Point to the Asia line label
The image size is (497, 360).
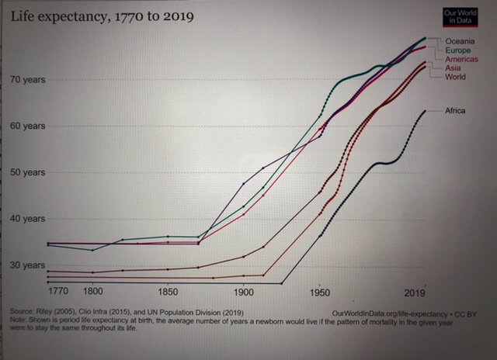tap(453, 68)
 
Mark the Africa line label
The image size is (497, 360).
tap(454, 111)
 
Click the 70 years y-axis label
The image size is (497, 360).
tap(29, 80)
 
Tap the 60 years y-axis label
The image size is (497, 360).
tap(29, 126)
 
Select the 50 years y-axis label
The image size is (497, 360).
tap(29, 171)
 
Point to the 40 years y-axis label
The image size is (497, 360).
tap(29, 218)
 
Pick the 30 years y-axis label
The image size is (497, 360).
tap(29, 265)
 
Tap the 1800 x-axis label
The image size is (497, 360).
tap(92, 292)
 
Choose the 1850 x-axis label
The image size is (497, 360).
tap(168, 292)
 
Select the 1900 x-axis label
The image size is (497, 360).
tap(243, 292)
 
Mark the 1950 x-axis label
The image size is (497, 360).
tap(319, 293)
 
